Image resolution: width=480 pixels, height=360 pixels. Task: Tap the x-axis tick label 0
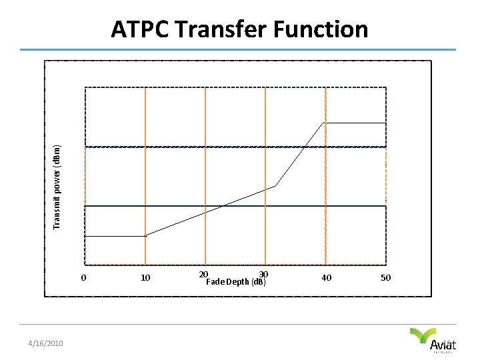pos(83,277)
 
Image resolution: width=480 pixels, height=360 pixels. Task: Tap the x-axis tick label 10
pos(145,277)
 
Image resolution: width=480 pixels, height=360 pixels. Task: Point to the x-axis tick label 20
pos(203,274)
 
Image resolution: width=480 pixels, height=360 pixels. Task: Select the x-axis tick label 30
pos(263,274)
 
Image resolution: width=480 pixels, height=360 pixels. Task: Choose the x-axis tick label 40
pos(326,277)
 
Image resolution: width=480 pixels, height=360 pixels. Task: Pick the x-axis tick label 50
pos(385,277)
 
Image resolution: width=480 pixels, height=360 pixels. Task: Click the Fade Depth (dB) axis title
pos(236,282)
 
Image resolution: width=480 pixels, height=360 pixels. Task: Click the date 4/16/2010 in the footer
pos(45,343)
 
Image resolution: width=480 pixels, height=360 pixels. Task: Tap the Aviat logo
pos(433,340)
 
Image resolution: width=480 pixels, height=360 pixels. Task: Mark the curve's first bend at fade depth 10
pos(145,235)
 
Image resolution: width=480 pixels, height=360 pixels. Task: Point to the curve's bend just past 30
pos(275,186)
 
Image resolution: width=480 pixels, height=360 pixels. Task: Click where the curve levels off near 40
pos(323,123)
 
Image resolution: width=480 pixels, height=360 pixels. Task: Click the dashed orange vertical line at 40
pos(325,200)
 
